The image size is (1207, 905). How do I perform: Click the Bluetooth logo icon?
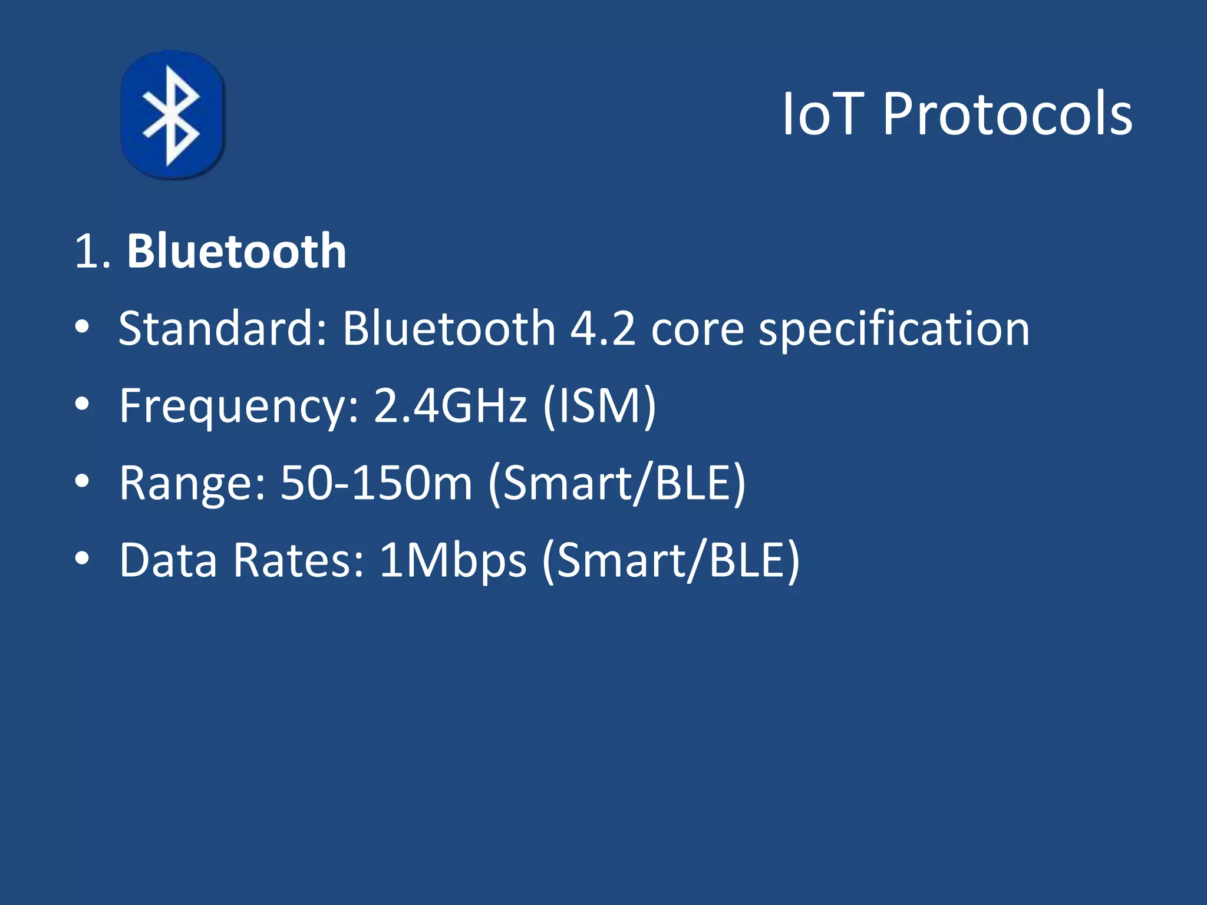pyautogui.click(x=172, y=115)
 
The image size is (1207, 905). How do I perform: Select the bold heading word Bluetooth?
pyautogui.click(x=236, y=252)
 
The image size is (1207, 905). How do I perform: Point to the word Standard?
pyautogui.click(x=222, y=328)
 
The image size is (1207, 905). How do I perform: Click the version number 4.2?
pyautogui.click(x=602, y=328)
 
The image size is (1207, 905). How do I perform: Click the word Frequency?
pyautogui.click(x=239, y=407)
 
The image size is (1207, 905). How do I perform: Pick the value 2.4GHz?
pyautogui.click(x=450, y=405)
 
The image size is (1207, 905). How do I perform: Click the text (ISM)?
pyautogui.click(x=599, y=407)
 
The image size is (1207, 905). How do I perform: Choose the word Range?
pyautogui.click(x=192, y=484)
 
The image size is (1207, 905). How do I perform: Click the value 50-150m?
pyautogui.click(x=376, y=483)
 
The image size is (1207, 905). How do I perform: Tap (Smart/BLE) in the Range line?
pyautogui.click(x=617, y=484)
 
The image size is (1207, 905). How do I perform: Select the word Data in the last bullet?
pyautogui.click(x=168, y=560)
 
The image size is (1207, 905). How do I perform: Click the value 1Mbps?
pyautogui.click(x=452, y=561)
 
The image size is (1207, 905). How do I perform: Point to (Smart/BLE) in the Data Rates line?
pyautogui.click(x=671, y=561)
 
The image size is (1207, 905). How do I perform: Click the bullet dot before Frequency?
pyautogui.click(x=82, y=404)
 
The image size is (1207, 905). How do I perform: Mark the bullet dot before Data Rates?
pyautogui.click(x=82, y=558)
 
